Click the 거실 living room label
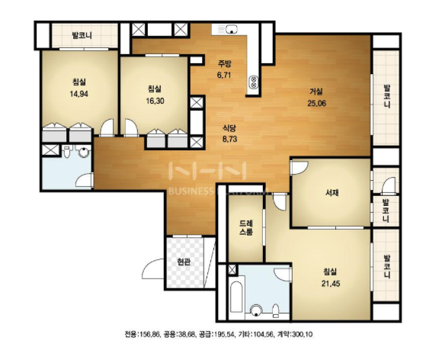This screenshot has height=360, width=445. point(316,92)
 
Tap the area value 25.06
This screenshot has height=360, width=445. point(317,103)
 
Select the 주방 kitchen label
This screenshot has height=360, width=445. point(224,63)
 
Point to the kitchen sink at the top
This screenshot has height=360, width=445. point(232,29)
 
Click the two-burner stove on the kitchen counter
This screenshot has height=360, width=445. point(254,82)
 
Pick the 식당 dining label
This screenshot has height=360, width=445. point(229,128)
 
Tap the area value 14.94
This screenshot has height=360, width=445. point(79,94)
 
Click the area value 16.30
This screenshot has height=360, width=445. point(155,101)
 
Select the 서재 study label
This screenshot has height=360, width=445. point(331,193)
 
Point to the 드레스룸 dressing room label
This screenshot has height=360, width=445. point(246,227)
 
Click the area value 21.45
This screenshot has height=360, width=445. point(331,283)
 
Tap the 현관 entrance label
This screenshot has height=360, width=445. point(184,262)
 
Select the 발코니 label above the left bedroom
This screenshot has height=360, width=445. point(82,36)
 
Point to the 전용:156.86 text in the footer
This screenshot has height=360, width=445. point(142,334)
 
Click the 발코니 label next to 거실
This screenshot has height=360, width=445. point(386,96)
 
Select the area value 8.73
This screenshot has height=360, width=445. point(229,140)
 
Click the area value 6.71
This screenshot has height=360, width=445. point(224,76)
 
